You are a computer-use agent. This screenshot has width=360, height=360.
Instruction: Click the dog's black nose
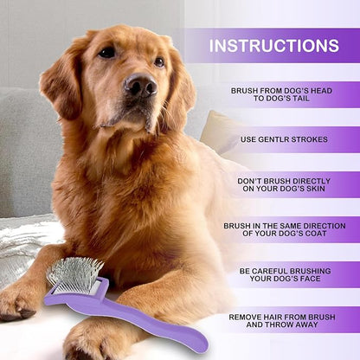139,86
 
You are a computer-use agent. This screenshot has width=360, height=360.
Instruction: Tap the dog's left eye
106,53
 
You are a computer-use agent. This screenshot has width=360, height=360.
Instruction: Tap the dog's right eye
158,62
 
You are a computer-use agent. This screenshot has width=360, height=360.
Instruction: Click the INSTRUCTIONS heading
273,45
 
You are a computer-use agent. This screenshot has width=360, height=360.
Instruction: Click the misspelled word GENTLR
275,139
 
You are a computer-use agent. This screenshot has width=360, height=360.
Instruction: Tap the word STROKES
312,139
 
